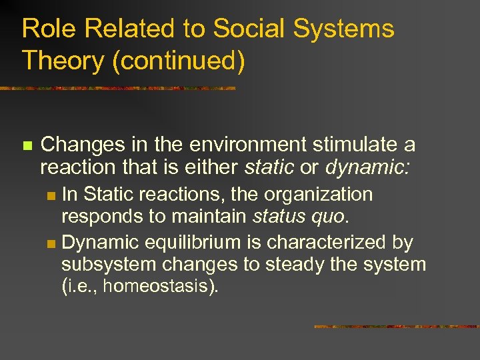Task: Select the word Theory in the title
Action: point(61,61)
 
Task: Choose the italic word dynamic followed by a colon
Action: point(367,167)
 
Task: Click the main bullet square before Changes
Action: point(27,145)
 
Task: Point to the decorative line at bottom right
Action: point(396,327)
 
